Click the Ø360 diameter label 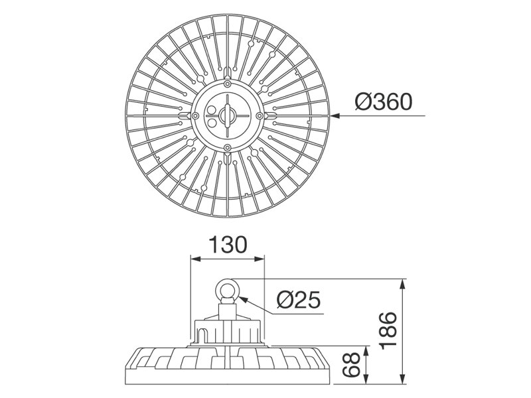coord(384,102)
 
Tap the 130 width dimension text coord(228,245)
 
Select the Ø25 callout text coord(298,300)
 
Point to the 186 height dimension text coord(388,331)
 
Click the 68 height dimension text coord(351,365)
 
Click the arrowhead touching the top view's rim coord(335,115)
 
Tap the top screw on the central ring coord(228,84)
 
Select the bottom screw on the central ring coord(228,147)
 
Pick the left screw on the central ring coord(195,115)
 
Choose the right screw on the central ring coord(260,115)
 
